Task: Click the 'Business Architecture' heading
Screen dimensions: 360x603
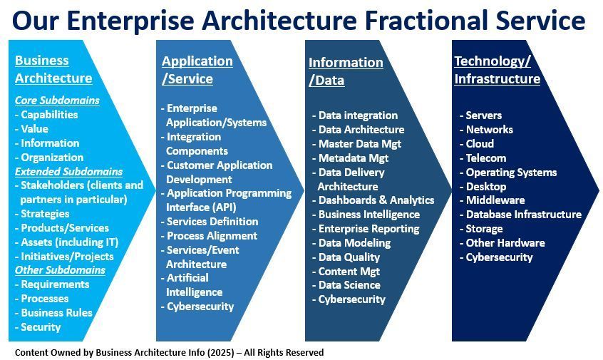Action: [53, 69]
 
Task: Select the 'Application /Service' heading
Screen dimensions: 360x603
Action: [197, 70]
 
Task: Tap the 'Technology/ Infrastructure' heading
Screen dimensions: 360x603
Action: [497, 70]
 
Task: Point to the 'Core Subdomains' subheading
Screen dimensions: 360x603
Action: [57, 101]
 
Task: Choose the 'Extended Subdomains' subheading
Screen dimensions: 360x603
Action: [68, 171]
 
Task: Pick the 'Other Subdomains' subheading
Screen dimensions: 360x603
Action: [60, 270]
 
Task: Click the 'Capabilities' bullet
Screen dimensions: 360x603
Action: [48, 115]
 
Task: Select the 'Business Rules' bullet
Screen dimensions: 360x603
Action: [56, 313]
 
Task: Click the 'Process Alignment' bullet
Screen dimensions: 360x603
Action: [211, 235]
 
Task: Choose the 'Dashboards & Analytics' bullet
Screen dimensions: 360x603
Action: [376, 200]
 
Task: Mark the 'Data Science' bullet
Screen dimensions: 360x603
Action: [349, 284]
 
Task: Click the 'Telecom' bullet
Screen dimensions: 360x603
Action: [485, 158]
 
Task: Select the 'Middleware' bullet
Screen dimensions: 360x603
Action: [495, 200]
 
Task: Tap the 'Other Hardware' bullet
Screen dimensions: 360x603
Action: [505, 242]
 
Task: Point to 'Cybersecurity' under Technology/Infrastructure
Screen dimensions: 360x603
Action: [499, 257]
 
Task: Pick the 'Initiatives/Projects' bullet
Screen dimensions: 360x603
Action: [66, 256]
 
